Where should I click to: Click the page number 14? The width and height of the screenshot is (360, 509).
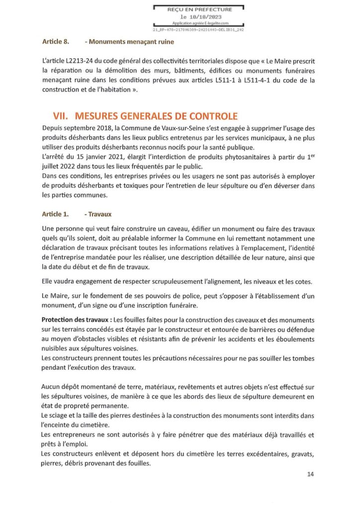click(x=310, y=474)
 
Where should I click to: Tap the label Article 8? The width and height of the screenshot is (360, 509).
click(x=56, y=42)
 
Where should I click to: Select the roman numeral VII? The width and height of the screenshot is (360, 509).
click(x=61, y=116)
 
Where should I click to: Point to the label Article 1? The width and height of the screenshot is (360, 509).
click(x=56, y=214)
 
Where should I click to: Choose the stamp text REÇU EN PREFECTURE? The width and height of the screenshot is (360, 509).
click(x=199, y=9)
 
